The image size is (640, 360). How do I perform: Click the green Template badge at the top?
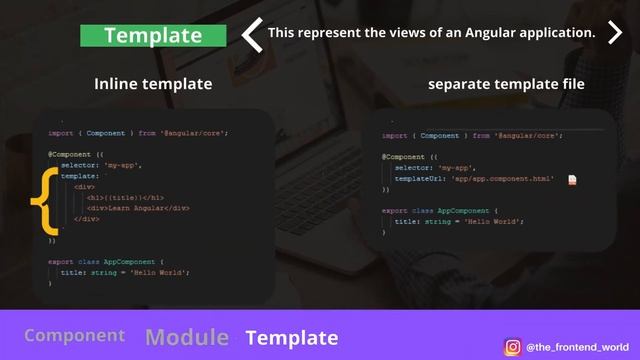click(153, 35)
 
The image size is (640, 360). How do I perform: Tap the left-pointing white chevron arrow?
click(252, 34)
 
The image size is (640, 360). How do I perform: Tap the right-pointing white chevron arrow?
click(614, 34)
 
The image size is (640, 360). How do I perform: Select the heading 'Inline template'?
click(153, 84)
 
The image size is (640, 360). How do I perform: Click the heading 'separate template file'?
click(506, 84)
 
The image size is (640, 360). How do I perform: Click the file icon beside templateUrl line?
click(573, 179)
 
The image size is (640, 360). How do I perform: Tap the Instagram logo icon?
click(513, 346)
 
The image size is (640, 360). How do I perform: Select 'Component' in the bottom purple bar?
click(75, 336)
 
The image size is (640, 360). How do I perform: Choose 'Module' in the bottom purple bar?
click(187, 337)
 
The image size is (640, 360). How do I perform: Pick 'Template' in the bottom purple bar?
click(292, 337)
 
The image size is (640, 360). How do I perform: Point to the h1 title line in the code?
click(125, 197)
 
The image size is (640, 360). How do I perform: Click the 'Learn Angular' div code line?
click(138, 208)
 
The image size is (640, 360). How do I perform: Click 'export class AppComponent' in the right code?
click(440, 211)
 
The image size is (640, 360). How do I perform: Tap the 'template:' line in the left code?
click(82, 175)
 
